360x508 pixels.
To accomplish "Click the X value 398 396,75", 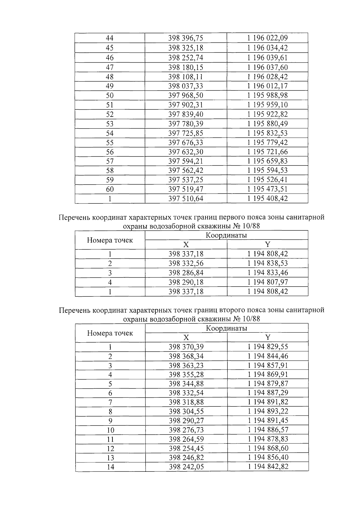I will click(x=186, y=38).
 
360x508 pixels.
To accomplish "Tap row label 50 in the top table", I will click(x=110, y=96).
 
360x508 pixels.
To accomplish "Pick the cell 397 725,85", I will click(x=186, y=133).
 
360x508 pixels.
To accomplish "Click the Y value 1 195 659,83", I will click(x=267, y=161).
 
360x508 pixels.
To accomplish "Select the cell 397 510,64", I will click(x=186, y=199).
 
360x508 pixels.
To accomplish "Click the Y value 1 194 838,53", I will click(x=267, y=263).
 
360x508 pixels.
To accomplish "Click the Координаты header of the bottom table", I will click(x=226, y=328).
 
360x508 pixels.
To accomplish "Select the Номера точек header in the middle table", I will click(x=110, y=240).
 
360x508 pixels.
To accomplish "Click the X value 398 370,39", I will click(x=186, y=347).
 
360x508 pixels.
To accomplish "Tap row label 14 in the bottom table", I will click(x=110, y=467).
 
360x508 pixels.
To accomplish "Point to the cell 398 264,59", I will click(x=186, y=439).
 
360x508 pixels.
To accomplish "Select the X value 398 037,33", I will click(x=186, y=86).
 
